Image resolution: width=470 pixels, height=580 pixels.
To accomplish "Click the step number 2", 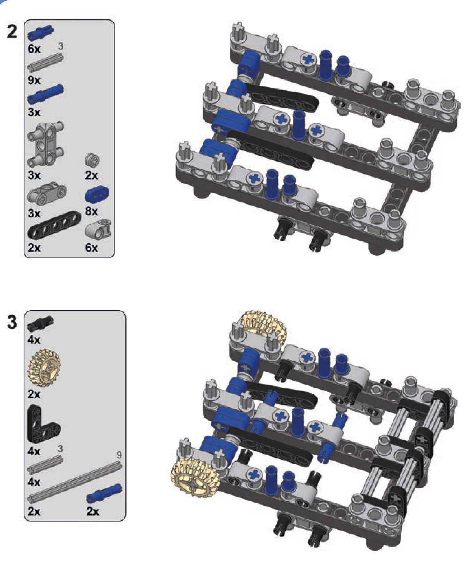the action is tap(12, 32).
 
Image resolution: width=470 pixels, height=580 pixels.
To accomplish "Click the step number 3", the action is tap(12, 322).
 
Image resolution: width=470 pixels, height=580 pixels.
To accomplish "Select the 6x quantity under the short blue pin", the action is tap(34, 49).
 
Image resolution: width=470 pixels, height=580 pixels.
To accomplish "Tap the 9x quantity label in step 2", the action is tap(34, 80).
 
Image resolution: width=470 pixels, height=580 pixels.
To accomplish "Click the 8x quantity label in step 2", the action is tap(92, 211).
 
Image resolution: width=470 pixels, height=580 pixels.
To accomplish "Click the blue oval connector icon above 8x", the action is tap(97, 194).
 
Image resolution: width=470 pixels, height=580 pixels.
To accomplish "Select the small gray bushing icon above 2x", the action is tap(92, 160).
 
